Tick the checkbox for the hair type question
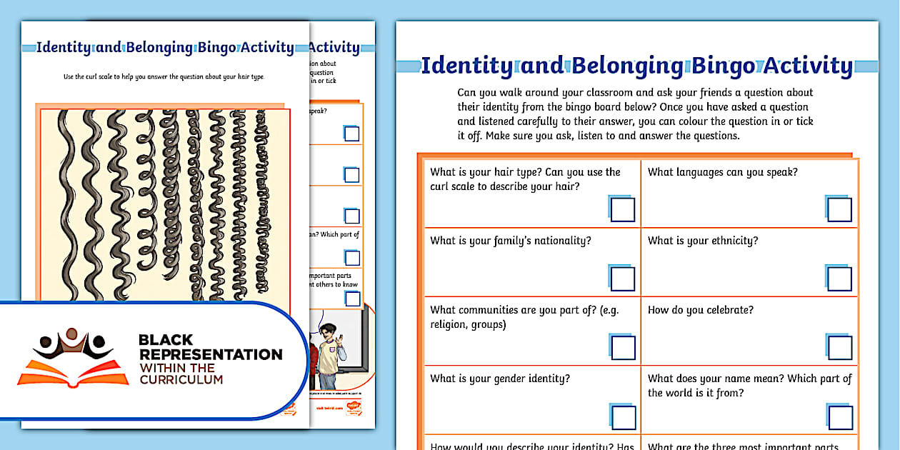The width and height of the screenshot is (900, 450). pos(623,210)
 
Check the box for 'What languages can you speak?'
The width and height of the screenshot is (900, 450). pos(840,210)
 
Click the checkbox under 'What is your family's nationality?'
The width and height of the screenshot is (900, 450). pos(623,279)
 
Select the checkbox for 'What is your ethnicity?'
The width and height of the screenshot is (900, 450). pos(840,279)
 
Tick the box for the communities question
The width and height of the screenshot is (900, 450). pos(623,348)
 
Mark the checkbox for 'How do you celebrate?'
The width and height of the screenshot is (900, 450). pos(840,348)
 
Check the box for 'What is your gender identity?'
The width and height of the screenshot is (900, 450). pos(623,417)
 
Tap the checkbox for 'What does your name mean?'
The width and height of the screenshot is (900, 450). pos(840,417)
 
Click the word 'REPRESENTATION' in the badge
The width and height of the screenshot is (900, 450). pos(211,354)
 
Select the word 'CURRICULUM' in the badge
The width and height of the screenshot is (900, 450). pos(181,379)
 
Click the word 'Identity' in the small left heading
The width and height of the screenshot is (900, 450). pos(64,48)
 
